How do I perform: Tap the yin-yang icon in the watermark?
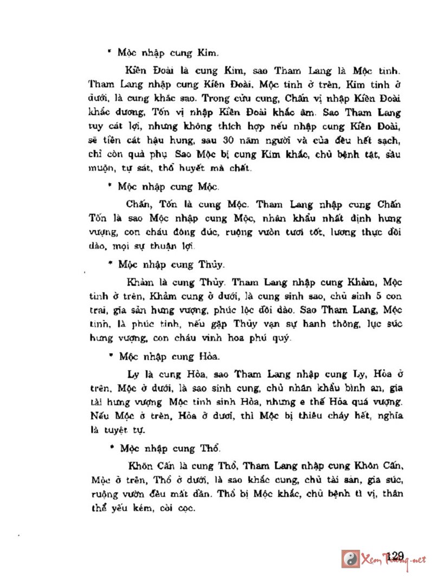point(351,558)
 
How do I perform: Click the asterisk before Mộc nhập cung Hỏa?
point(111,356)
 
